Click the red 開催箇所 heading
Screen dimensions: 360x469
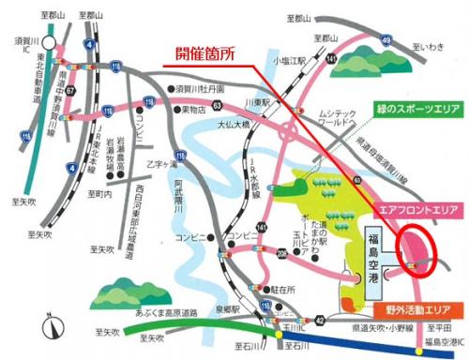[207, 54]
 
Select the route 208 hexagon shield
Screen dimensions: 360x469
[282, 253]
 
